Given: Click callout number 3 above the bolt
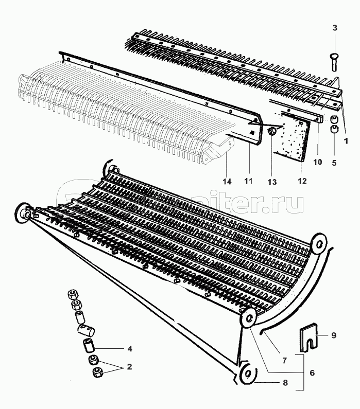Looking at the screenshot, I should (334, 27).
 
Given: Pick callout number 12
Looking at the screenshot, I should (302, 181).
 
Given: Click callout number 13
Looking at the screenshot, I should (272, 182).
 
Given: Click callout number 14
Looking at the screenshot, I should (227, 182).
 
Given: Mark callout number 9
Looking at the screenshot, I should (334, 335).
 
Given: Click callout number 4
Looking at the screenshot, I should (130, 348).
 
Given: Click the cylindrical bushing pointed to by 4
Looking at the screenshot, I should (88, 343).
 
